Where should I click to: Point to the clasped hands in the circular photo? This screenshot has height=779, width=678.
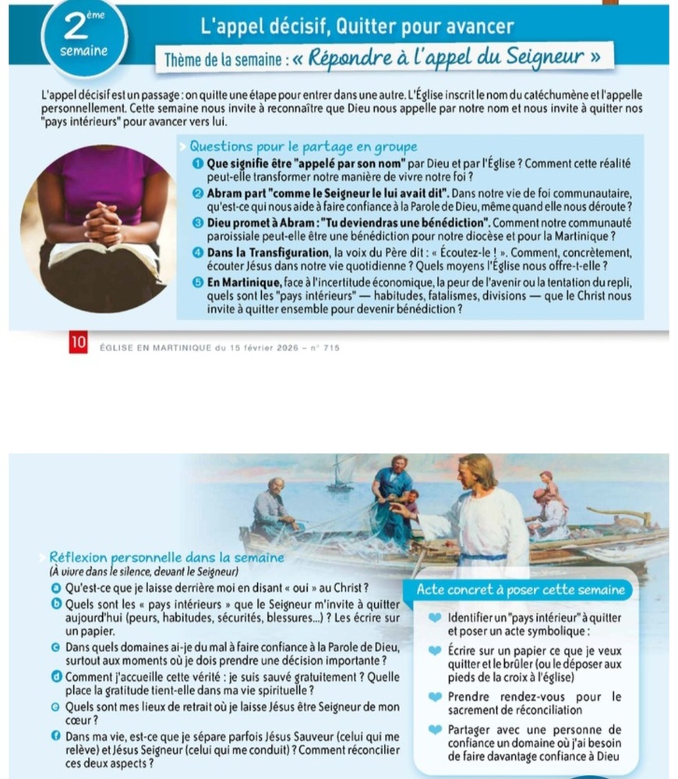(x=104, y=222)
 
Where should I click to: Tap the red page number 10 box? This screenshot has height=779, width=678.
(x=77, y=344)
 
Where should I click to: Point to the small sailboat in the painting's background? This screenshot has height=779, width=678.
(x=341, y=475)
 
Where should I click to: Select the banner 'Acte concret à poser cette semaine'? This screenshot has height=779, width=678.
(x=521, y=590)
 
